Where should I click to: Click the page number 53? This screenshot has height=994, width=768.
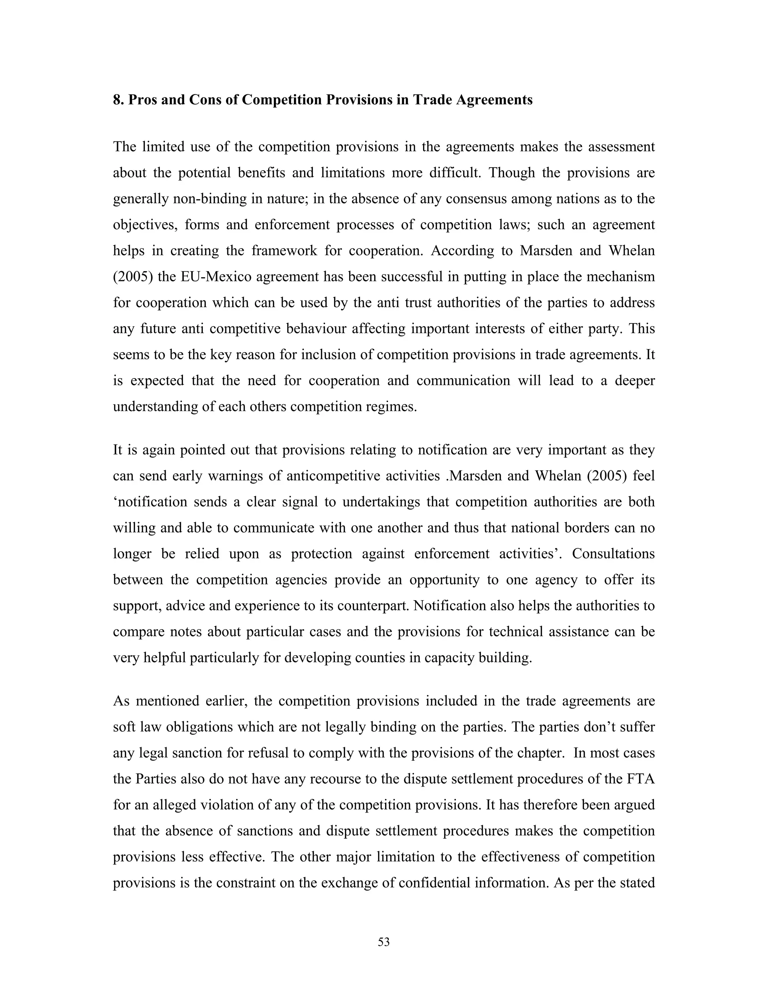coord(384,942)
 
